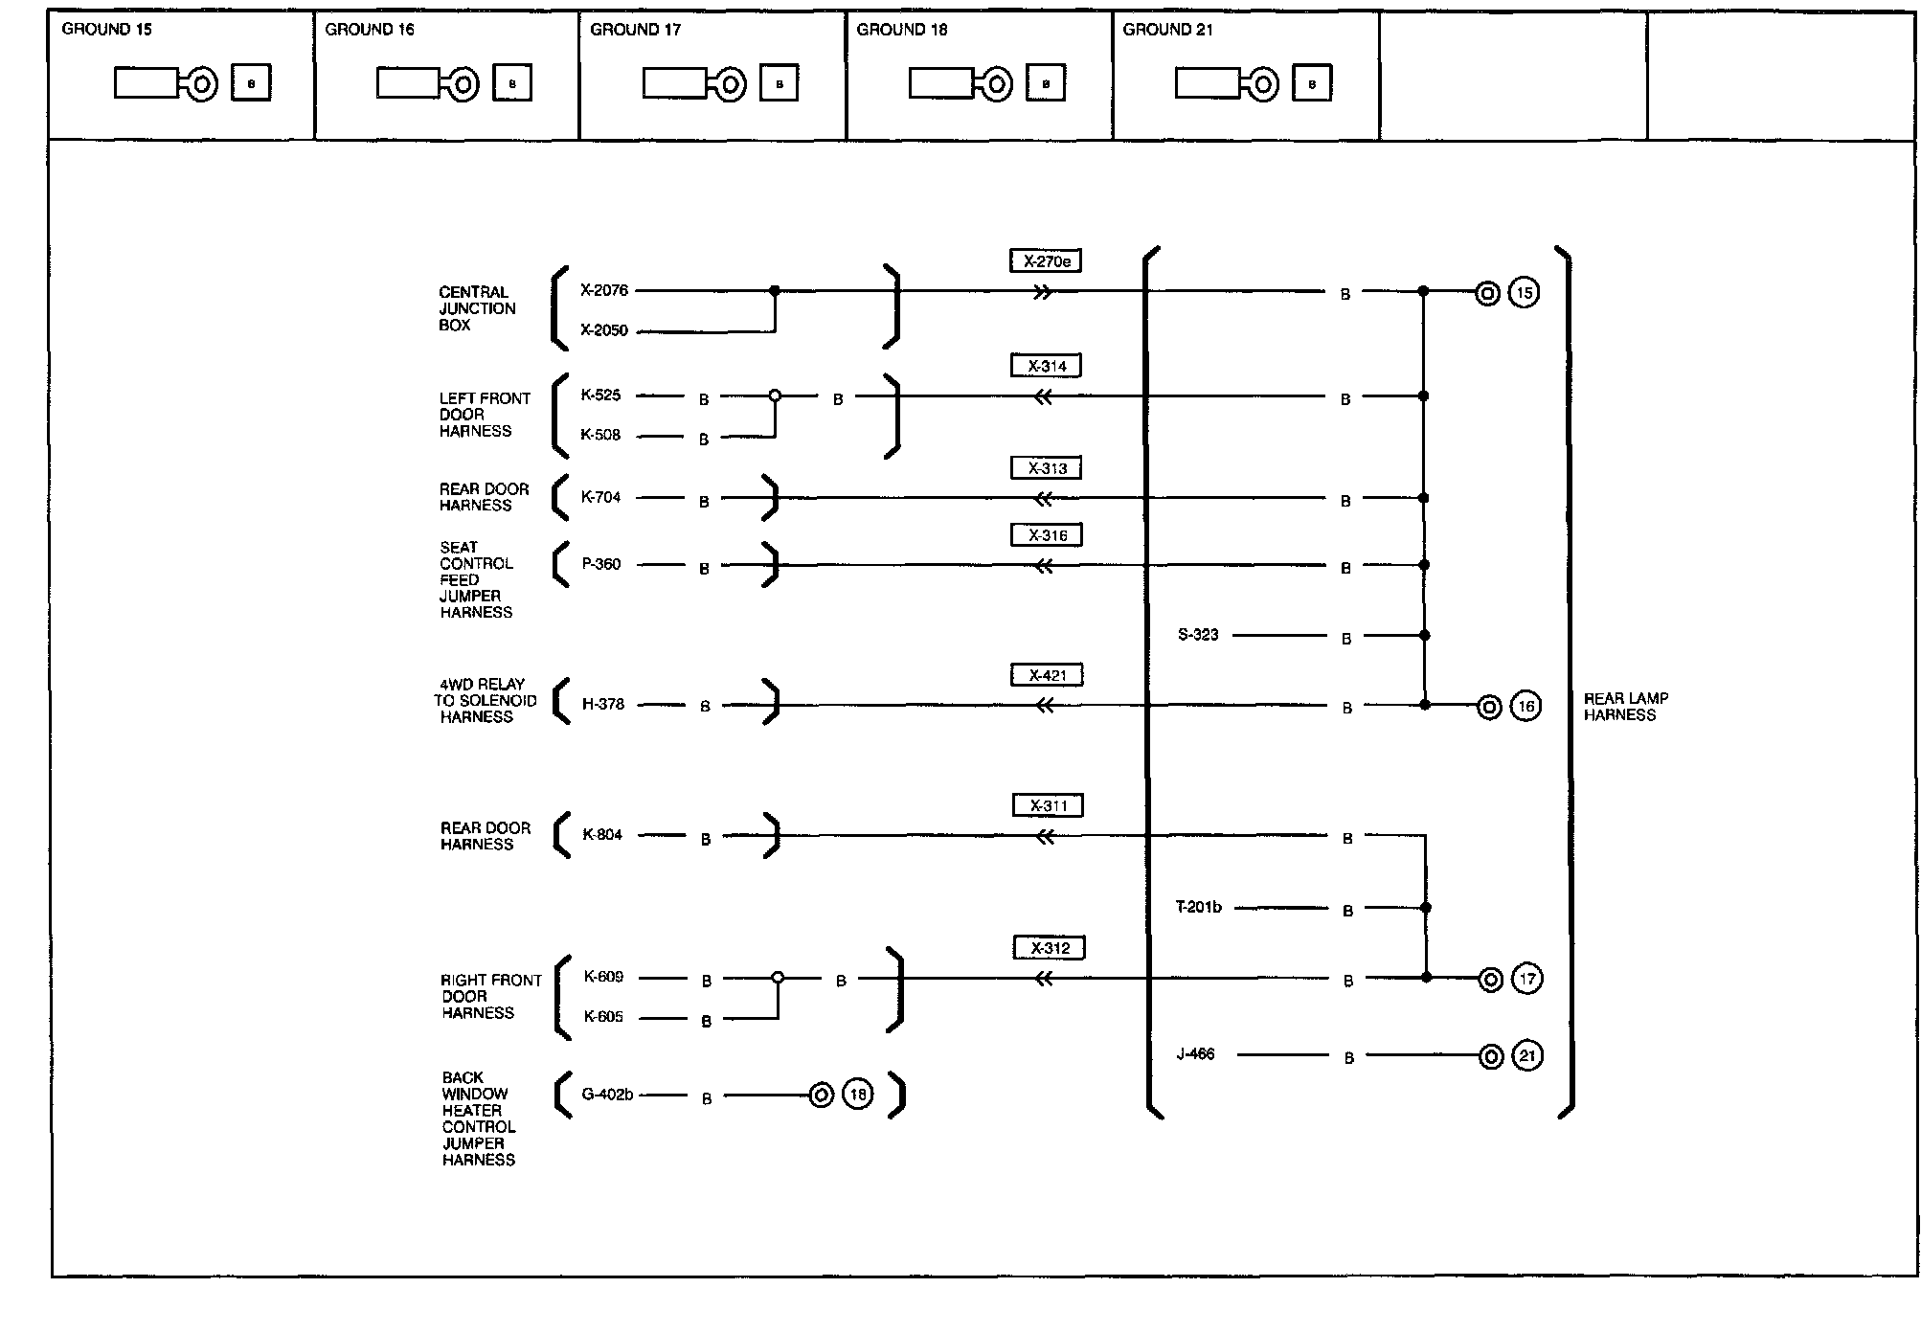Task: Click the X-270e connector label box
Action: pos(1046,260)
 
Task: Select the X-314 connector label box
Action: pos(1046,366)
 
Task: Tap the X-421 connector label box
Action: pos(1047,675)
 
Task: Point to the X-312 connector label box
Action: pos(1050,948)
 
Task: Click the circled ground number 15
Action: pos(1524,292)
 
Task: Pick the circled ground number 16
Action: pos(1525,707)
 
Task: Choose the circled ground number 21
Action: pos(1526,1056)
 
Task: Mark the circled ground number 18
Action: pos(857,1095)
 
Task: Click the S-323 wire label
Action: pos(1198,634)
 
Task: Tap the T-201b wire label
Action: pos(1199,907)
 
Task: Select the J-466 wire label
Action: pos(1196,1054)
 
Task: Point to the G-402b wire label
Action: pos(607,1095)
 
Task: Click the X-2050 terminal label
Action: pos(604,330)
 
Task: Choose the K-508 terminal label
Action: pos(600,435)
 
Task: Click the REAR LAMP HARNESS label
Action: pos(1625,707)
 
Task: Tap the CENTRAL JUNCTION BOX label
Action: pos(477,308)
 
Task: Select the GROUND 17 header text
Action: pos(635,30)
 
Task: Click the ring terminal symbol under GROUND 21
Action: pos(1262,84)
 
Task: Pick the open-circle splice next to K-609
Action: pos(778,978)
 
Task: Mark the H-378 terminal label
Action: pos(603,704)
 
